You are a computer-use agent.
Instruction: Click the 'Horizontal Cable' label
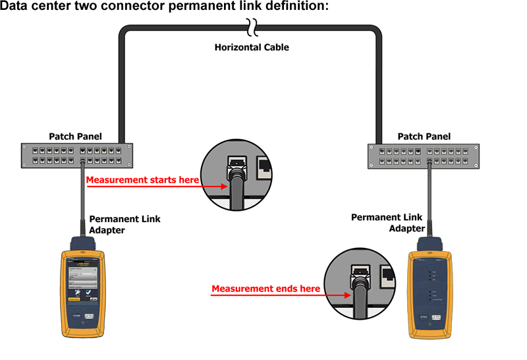[x=252, y=47]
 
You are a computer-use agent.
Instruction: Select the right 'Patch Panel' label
[x=424, y=136]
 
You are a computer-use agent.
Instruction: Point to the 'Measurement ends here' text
[x=265, y=289]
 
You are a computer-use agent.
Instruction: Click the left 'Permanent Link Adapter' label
[x=125, y=224]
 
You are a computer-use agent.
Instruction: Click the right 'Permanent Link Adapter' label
[x=386, y=222]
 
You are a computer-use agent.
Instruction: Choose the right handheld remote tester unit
[x=431, y=295]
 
